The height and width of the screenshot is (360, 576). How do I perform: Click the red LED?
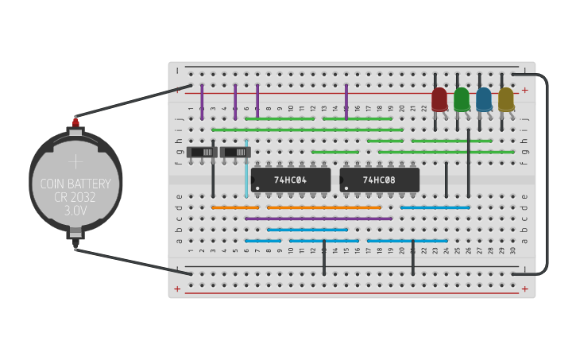(439, 99)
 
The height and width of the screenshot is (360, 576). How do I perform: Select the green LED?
(462, 99)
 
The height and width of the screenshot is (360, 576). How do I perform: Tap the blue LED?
(484, 99)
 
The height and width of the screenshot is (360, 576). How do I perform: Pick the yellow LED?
(506, 99)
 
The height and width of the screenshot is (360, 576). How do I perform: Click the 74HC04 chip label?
(291, 180)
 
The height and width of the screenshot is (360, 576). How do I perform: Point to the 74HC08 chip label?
(379, 180)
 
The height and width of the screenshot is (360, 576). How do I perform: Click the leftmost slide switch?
(202, 152)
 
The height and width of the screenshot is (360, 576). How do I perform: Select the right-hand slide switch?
(235, 152)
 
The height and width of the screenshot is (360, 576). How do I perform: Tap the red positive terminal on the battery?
(75, 122)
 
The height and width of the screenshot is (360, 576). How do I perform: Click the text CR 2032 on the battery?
(75, 198)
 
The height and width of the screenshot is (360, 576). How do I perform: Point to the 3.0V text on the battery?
(75, 211)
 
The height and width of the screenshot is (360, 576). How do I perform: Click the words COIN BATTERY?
(75, 184)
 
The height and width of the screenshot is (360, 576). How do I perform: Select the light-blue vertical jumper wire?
(246, 171)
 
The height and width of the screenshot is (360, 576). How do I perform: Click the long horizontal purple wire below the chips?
(319, 218)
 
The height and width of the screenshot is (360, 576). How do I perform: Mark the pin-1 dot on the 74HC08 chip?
(346, 188)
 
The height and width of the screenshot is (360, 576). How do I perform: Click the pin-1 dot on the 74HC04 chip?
(257, 188)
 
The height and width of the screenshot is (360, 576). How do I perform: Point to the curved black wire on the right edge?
(547, 175)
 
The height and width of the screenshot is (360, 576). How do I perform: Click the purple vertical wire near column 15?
(346, 102)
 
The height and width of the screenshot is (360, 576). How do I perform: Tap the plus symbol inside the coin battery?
(75, 161)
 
